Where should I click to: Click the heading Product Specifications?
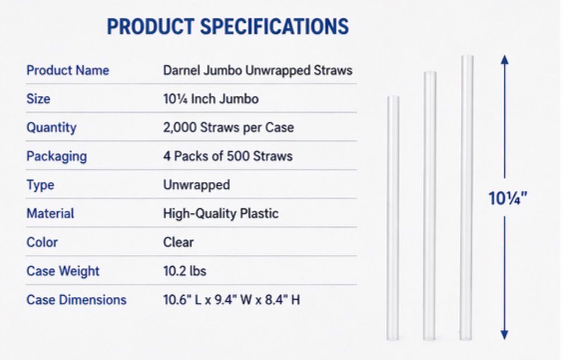tap(228, 27)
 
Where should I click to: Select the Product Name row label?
tap(68, 71)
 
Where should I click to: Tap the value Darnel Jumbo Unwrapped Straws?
tap(257, 71)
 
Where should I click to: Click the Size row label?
tap(38, 99)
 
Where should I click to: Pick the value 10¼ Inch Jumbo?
tap(210, 99)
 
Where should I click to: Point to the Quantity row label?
tap(51, 128)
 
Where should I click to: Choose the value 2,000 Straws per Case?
tap(228, 128)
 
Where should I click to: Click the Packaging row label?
tap(56, 156)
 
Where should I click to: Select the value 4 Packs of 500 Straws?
tap(227, 156)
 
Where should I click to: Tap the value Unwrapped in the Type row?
tap(196, 185)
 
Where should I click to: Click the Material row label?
tap(50, 214)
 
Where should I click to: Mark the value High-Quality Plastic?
tap(220, 214)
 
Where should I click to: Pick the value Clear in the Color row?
tap(179, 242)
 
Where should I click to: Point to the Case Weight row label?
tap(62, 271)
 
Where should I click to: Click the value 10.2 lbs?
tap(184, 271)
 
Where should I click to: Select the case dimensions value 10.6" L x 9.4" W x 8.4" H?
tap(231, 300)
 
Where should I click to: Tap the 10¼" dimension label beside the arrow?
tap(508, 199)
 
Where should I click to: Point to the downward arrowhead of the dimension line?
tap(504, 334)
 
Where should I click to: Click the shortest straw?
tap(393, 218)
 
